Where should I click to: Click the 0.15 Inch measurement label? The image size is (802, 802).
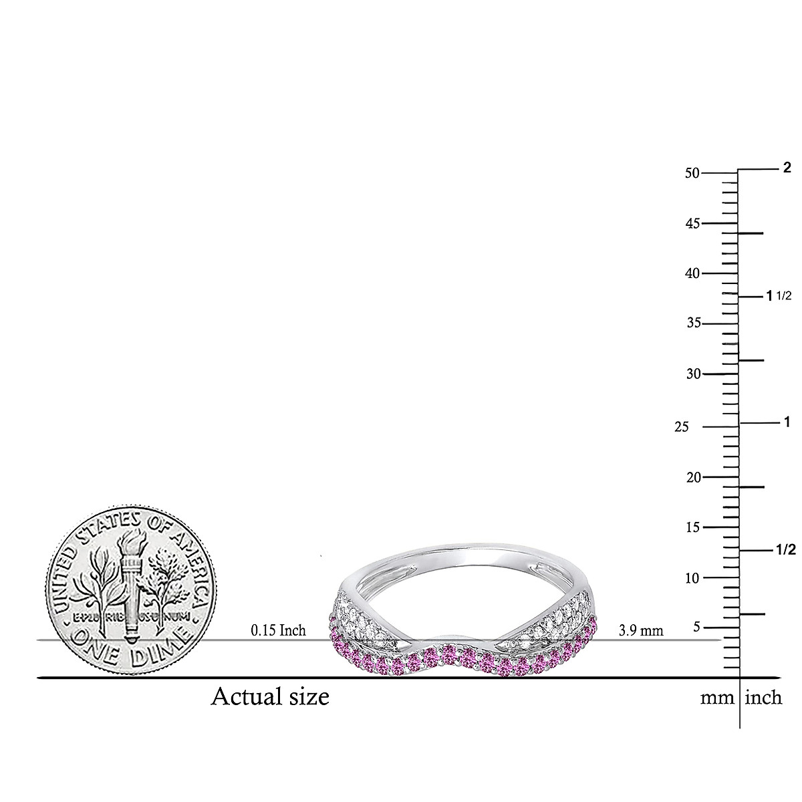[278, 630]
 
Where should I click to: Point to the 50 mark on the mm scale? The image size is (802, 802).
[692, 173]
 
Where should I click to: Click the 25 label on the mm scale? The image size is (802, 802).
[682, 427]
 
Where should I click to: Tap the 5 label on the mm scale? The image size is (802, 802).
[695, 627]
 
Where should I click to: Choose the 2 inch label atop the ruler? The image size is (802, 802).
[787, 167]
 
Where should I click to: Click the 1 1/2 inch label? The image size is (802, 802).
[778, 295]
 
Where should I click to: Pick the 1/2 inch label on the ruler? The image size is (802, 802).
[785, 550]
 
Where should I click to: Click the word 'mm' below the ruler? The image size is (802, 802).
[716, 698]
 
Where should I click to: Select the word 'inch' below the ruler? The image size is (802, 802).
[763, 698]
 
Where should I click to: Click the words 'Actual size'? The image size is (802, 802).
[270, 697]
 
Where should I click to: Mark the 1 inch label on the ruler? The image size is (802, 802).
[787, 422]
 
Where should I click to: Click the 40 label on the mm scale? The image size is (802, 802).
[692, 273]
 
